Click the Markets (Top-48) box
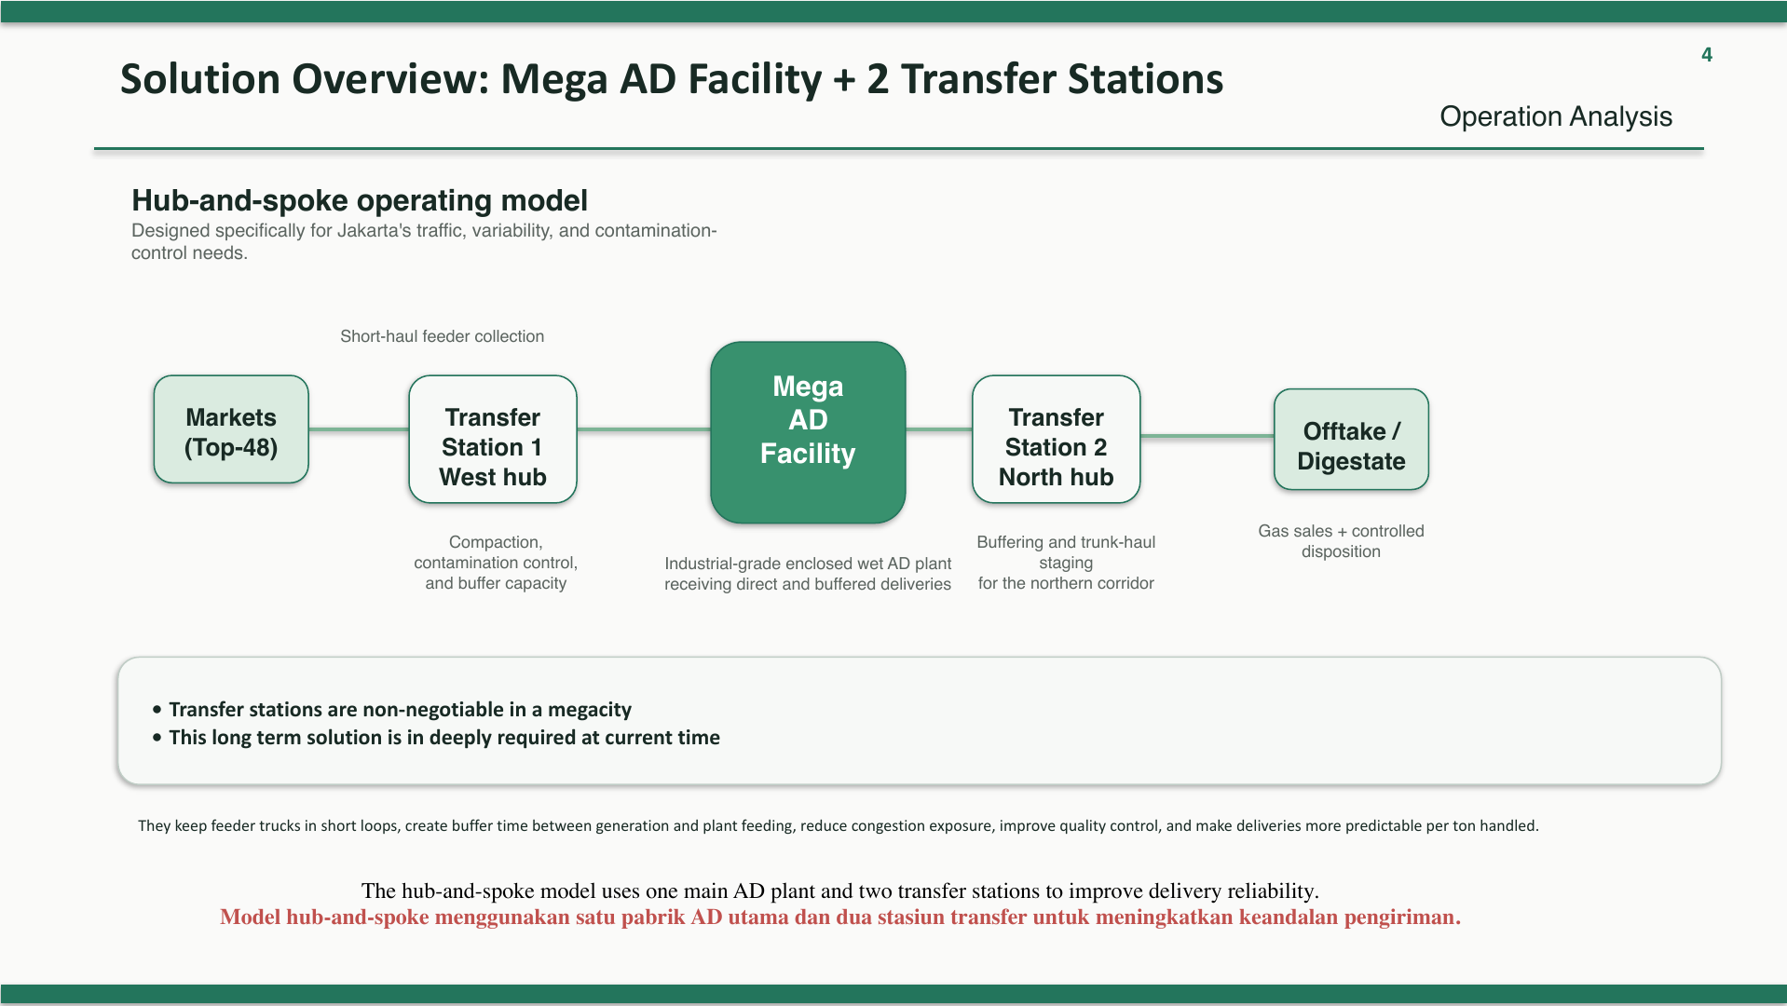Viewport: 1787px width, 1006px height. [231, 429]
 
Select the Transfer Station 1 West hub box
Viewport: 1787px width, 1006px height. [493, 440]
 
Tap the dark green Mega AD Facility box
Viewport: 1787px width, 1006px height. [808, 432]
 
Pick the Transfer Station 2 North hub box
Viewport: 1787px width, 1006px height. [1057, 440]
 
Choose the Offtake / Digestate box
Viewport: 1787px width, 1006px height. [1351, 440]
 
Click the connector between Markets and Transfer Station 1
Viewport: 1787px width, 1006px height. [359, 429]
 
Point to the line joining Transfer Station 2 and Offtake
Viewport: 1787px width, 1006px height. [1207, 435]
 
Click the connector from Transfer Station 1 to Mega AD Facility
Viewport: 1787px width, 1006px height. [644, 429]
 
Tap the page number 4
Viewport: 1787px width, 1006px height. [1707, 55]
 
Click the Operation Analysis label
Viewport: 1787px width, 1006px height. [1556, 116]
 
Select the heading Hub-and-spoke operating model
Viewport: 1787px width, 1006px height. [360, 200]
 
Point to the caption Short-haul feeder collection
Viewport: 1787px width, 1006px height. [443, 336]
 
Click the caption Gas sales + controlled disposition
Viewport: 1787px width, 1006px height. [1341, 541]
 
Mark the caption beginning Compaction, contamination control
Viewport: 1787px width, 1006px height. [496, 563]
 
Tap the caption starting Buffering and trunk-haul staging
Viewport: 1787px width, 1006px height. [1066, 563]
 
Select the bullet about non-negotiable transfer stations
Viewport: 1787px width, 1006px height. [392, 710]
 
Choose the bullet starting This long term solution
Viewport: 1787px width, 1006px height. [436, 738]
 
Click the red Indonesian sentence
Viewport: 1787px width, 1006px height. [840, 918]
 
